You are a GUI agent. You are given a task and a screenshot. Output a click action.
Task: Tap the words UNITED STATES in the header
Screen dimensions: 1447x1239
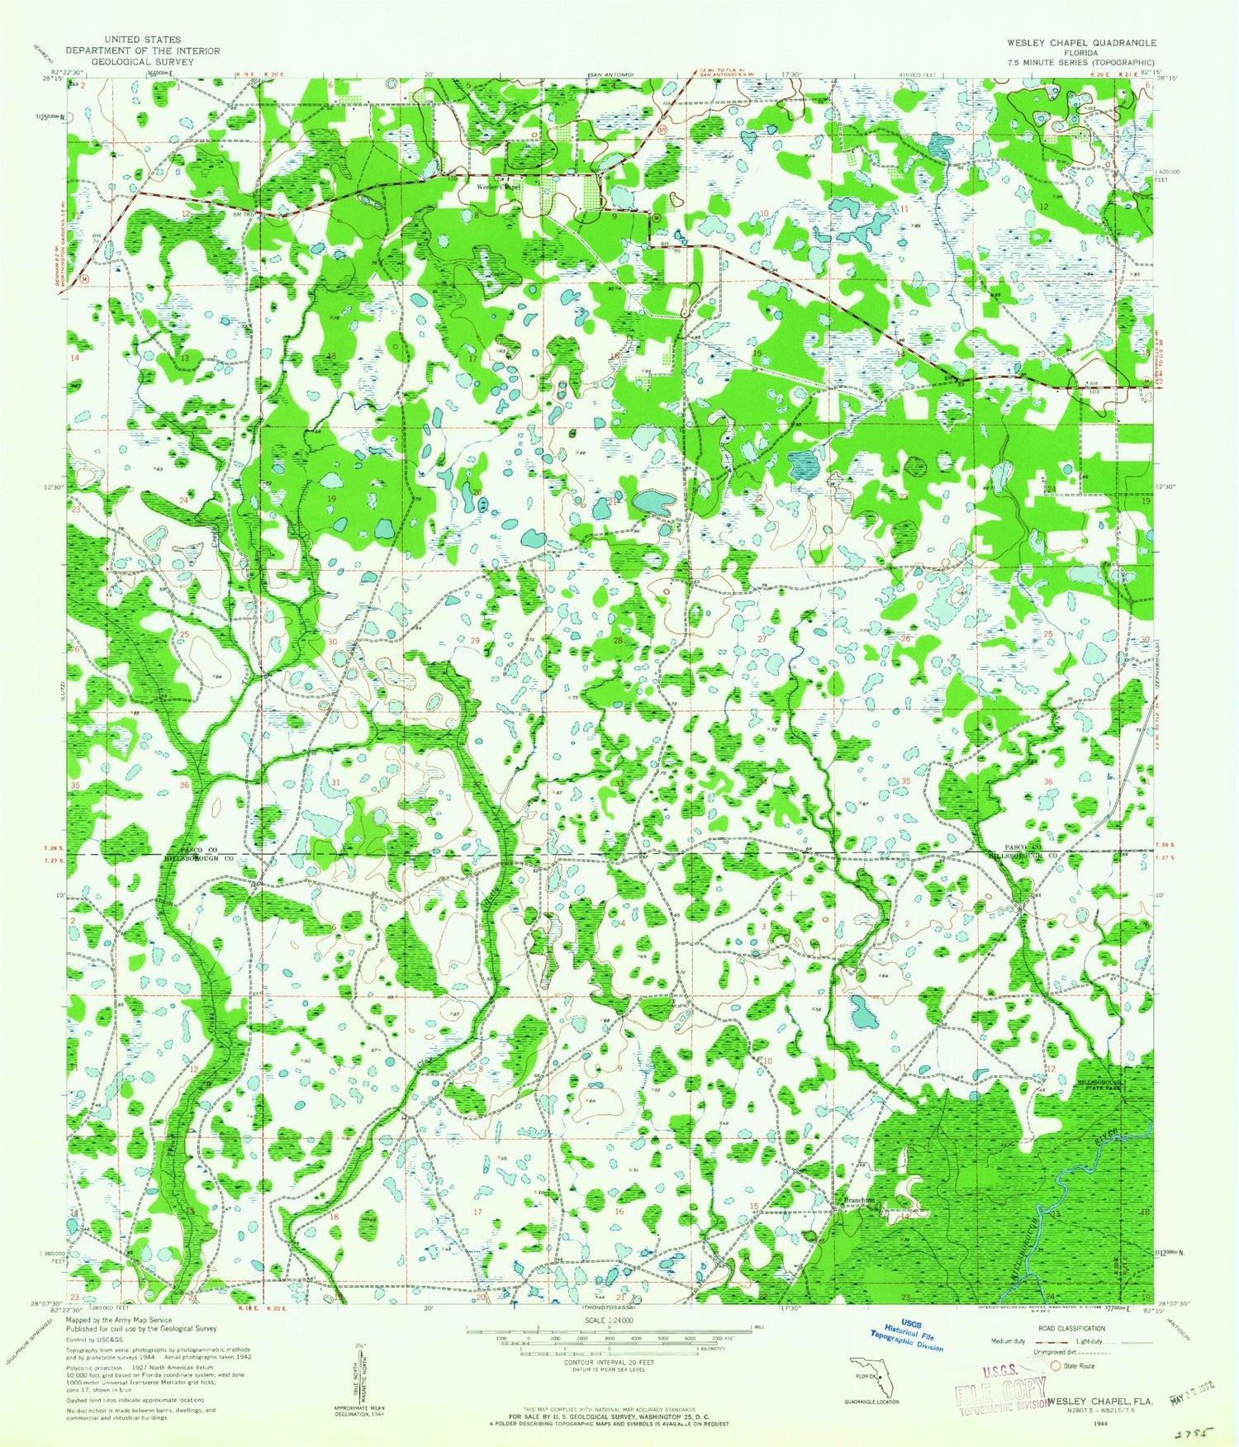[x=143, y=39]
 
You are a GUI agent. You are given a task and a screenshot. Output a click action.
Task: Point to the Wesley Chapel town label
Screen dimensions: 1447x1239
[x=496, y=186]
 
